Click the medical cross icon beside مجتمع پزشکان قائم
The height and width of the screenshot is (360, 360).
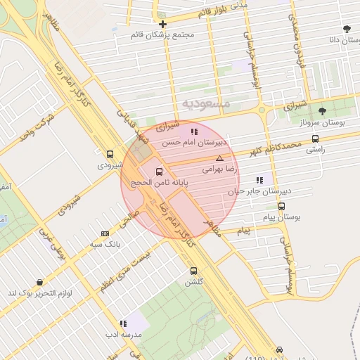coord(162,24)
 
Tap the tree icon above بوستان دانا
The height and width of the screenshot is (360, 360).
coord(347,29)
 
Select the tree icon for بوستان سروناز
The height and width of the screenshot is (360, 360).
coord(322,111)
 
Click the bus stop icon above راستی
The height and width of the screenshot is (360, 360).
coord(314,139)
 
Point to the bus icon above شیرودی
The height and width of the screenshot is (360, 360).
coord(110,154)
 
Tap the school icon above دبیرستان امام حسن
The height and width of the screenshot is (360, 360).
coord(194,131)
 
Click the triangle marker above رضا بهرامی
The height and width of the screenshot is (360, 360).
coord(220,158)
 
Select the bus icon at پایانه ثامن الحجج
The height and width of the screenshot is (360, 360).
coord(159,171)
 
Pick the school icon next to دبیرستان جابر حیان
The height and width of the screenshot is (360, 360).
coord(259,179)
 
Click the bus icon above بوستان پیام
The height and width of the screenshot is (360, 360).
coord(282,207)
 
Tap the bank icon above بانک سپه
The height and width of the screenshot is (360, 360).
coord(105,233)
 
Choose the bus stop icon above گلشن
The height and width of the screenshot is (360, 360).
coord(193,271)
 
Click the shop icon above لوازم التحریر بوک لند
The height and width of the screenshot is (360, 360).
coord(39,282)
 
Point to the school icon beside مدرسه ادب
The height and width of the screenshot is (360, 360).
coord(123,324)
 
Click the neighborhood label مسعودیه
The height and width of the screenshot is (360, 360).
coord(206,103)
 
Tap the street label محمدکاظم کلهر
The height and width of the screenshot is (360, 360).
coord(278,148)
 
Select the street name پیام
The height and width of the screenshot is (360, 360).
coord(245,231)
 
